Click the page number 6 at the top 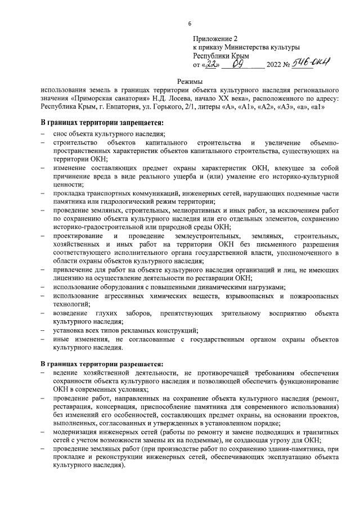tap(190, 23)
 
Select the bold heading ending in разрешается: tap(101, 363)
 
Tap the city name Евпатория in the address tap(119, 106)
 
